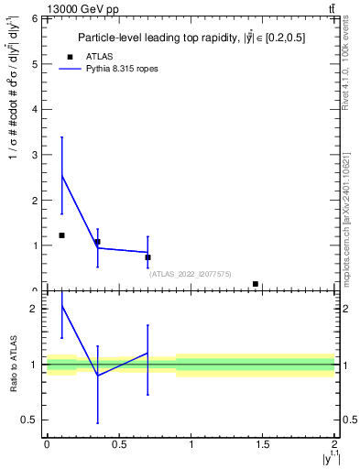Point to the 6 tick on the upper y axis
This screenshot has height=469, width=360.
click(34, 19)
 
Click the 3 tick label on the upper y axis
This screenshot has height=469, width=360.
click(34, 155)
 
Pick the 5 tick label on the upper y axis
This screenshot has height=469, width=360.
click(34, 64)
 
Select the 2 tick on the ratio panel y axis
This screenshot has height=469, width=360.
click(34, 309)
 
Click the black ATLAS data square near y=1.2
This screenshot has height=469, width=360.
click(61, 235)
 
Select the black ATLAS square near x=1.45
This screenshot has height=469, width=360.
click(256, 284)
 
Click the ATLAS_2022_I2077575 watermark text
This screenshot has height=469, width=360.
click(191, 273)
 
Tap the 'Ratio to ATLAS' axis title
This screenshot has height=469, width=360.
click(13, 365)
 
